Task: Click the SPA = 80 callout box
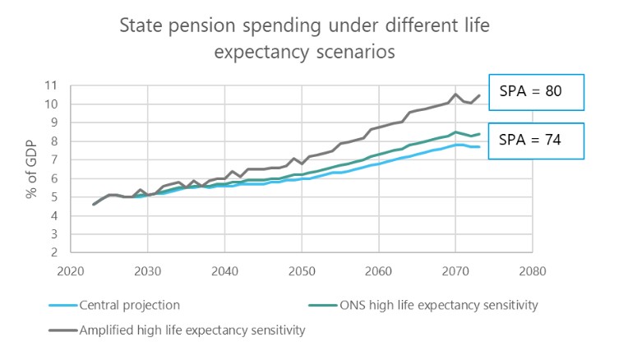pyautogui.click(x=536, y=92)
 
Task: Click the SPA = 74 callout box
pyautogui.click(x=536, y=141)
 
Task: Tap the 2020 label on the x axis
pyautogui.click(x=70, y=270)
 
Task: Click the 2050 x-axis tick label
pyautogui.click(x=301, y=270)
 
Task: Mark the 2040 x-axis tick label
pyautogui.click(x=224, y=270)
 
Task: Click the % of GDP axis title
pyautogui.click(x=32, y=169)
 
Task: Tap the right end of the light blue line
pyautogui.click(x=478, y=146)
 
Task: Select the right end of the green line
pyautogui.click(x=478, y=134)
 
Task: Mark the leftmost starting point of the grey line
pyautogui.click(x=93, y=205)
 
